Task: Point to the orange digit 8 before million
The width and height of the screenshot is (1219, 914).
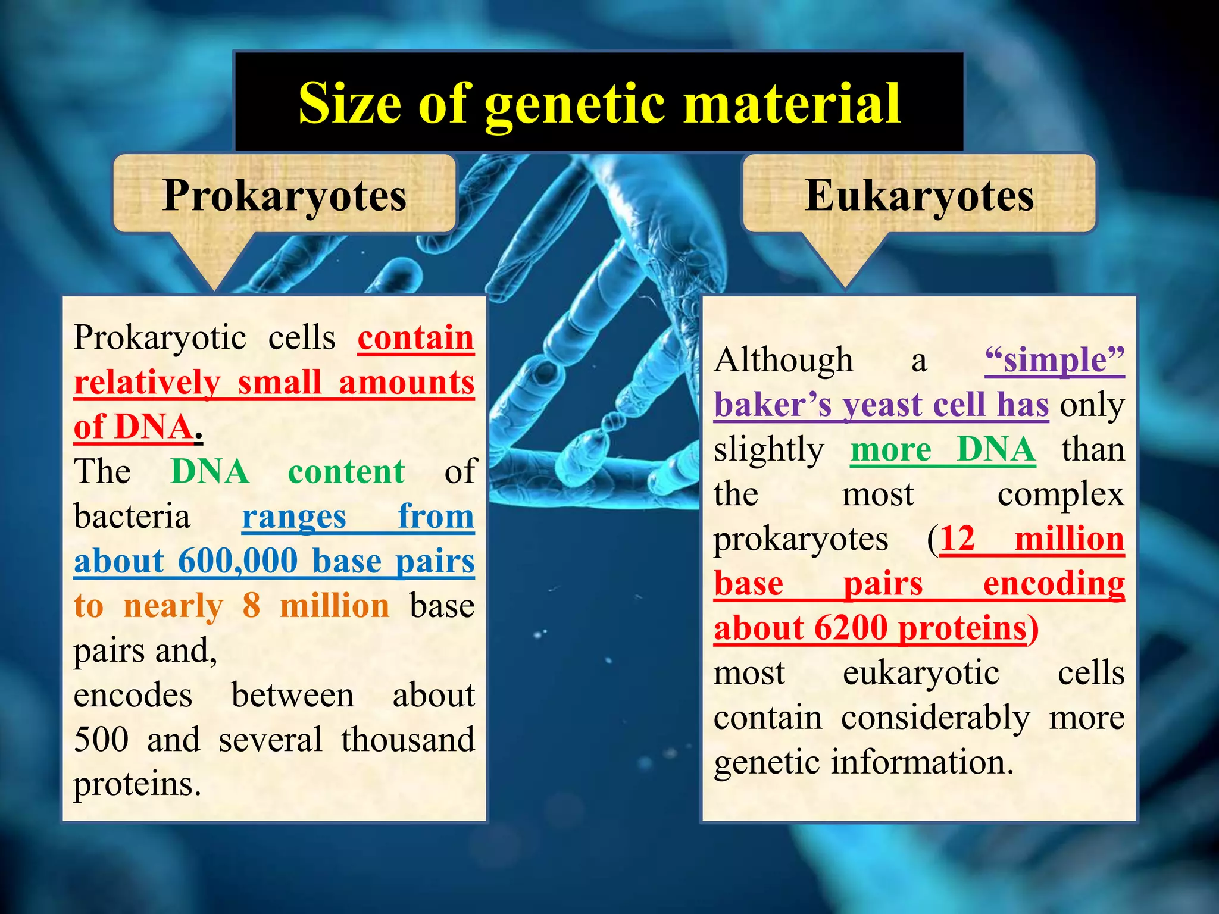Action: coord(251,606)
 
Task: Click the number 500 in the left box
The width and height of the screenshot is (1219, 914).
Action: coord(101,740)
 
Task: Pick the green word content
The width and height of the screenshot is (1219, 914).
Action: coord(346,472)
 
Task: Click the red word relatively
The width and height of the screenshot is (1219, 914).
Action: coord(147,382)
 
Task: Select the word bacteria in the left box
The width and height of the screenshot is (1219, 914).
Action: coord(132,516)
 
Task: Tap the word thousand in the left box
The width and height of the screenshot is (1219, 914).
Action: coord(408,740)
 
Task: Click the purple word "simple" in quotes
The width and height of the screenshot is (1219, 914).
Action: coord(1054,360)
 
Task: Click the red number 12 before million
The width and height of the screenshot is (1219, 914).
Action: coord(958,539)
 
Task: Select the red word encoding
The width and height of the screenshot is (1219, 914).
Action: coord(1054,584)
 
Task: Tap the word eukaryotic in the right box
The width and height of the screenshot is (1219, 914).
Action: coord(921,673)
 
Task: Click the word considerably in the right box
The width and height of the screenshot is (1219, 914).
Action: coord(935,718)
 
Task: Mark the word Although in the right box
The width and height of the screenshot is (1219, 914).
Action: coord(783,360)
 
